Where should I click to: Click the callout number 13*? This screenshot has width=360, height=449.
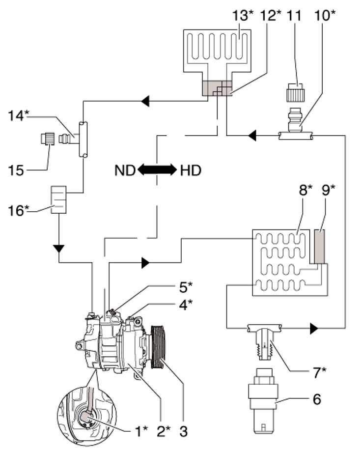coord(243,15)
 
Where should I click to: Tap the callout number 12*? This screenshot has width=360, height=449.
coord(270,15)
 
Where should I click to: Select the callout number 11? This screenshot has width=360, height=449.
coord(294,15)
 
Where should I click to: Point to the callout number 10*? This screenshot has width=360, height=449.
coord(325,15)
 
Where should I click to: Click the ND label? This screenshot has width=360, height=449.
coord(125,170)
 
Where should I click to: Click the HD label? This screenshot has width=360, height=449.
coord(191,170)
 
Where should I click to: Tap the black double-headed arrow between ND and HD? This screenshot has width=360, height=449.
coord(157,170)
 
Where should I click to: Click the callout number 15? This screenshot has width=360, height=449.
coord(16,170)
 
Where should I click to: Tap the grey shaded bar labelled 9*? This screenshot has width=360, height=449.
coord(319,246)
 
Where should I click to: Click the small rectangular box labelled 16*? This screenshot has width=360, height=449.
coord(58,199)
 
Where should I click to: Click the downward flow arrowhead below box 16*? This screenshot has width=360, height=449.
coord(59,249)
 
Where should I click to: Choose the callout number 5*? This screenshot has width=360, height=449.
coord(186,287)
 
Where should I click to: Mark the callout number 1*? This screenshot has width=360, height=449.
coord(141,431)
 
